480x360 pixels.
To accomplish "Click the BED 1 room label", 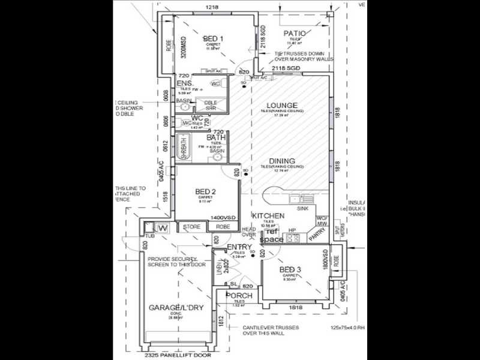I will click(212, 38).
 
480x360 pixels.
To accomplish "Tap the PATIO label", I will click(295, 34).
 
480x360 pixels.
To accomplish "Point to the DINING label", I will click(281, 161).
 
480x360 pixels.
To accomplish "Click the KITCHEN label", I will click(268, 215).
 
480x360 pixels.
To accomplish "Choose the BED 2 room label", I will click(205, 192).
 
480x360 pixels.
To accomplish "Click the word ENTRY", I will click(239, 247).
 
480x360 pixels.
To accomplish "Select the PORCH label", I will click(238, 295).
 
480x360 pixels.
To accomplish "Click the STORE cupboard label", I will click(191, 227).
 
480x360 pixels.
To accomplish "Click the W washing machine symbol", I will click(161, 227).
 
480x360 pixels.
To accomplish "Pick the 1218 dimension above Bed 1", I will click(211, 7).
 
